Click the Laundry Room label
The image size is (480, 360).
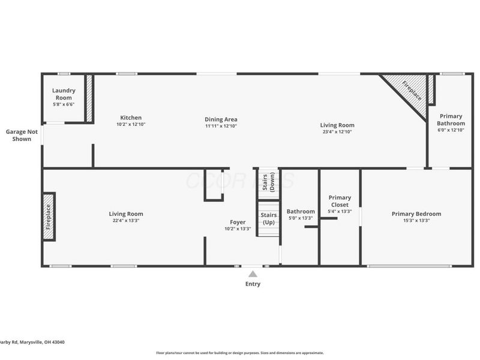[64, 94]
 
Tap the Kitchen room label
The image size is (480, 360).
[131, 118]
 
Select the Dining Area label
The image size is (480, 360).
[217, 119]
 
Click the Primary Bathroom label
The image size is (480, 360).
[451, 119]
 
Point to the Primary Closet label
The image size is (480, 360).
[340, 201]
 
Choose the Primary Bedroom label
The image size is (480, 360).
[416, 214]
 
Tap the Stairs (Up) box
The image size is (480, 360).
[269, 218]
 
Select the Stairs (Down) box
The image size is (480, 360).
[268, 181]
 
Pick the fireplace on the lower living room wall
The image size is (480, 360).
[49, 217]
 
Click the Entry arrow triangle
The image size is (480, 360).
[253, 274]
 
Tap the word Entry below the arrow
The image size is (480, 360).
[253, 284]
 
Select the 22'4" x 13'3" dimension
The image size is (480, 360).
[126, 221]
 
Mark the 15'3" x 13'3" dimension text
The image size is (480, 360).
[416, 221]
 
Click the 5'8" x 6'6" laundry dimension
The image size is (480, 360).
[64, 104]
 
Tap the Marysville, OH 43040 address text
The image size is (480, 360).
[32, 342]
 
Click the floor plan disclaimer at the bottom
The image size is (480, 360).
[240, 353]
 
